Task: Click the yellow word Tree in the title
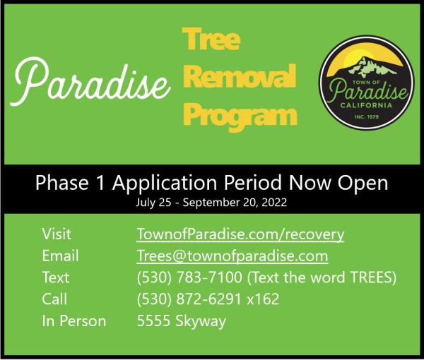211,39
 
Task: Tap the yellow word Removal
240,76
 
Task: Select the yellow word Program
240,116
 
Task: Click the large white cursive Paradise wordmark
90,82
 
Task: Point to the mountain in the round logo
371,66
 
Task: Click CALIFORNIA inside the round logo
366,105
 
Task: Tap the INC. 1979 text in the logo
367,116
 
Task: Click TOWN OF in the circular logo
366,82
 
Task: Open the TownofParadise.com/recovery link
240,234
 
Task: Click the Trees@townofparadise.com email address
232,256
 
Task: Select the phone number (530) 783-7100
189,277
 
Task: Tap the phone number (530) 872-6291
189,299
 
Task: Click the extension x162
263,299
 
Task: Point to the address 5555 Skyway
182,321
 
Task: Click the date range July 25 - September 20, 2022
211,203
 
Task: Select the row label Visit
57,234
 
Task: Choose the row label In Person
73,321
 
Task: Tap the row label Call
54,299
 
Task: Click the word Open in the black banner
363,184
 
